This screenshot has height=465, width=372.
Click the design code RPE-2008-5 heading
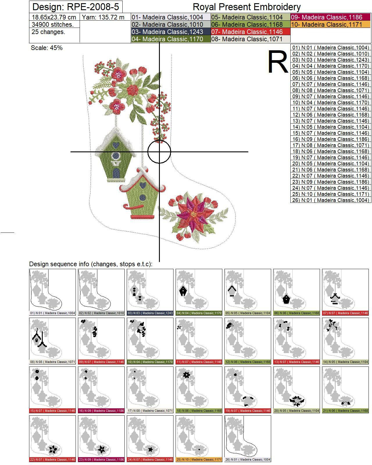[x=76, y=7]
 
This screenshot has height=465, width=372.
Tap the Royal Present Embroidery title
[x=246, y=7]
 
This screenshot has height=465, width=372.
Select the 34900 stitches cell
[x=53, y=24]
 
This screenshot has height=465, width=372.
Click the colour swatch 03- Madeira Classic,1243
[x=171, y=32]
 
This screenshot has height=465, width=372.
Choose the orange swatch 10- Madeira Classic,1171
[x=330, y=24]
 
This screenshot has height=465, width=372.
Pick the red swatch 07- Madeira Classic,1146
[x=251, y=32]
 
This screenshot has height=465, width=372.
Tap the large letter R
[x=278, y=62]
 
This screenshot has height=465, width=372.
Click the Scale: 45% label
[x=47, y=48]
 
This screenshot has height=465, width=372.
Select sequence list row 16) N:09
[x=331, y=139]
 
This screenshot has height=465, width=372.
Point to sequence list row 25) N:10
[x=331, y=194]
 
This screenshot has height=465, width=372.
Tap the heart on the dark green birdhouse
[x=116, y=144]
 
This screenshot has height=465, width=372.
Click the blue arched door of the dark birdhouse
[x=116, y=172]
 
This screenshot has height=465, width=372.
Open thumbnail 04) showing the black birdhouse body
[x=199, y=292]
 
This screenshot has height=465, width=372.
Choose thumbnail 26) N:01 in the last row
[x=248, y=439]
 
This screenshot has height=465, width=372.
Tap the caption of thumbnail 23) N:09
[x=101, y=459]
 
